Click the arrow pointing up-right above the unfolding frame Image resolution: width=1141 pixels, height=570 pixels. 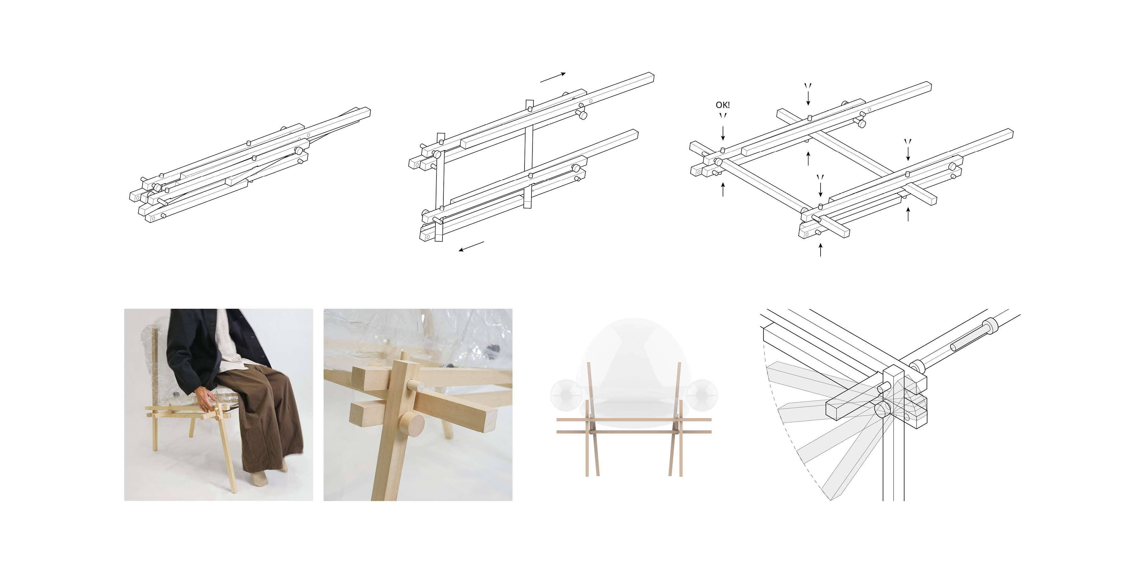(553, 78)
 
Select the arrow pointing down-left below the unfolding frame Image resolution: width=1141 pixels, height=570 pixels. (471, 246)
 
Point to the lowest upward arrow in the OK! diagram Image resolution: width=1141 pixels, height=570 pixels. (820, 250)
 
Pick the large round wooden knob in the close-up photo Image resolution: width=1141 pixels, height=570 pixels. (412, 423)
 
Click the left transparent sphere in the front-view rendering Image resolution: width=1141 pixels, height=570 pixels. (566, 394)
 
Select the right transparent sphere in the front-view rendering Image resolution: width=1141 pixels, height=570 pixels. (702, 394)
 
